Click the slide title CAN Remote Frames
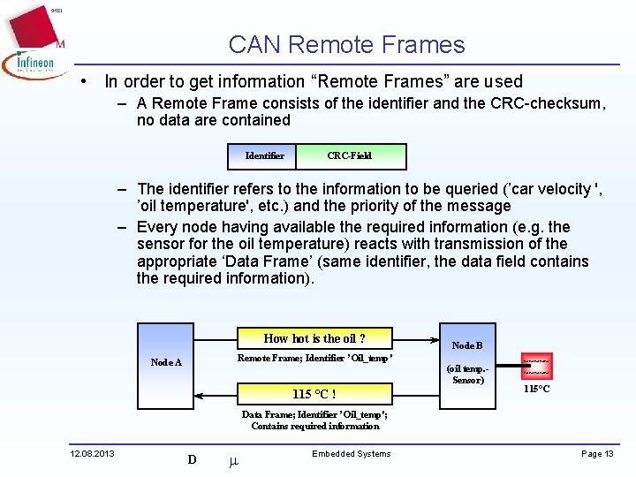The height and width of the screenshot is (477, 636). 346,45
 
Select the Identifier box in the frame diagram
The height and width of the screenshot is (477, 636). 264,155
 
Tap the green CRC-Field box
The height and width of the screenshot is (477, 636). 349,155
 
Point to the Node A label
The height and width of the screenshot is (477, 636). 166,362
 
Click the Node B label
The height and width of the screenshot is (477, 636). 467,345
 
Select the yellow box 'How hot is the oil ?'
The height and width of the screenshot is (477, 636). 314,338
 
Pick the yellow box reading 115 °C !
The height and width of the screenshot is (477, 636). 314,394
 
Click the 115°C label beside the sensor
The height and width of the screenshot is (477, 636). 537,389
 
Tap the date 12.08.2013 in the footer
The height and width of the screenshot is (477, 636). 92,454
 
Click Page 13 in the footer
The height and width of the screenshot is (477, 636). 597,454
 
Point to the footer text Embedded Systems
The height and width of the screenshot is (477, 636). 351,454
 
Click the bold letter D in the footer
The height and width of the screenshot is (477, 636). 192,459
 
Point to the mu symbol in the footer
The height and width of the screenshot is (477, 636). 233,460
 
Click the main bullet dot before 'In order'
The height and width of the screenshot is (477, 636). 82,81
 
